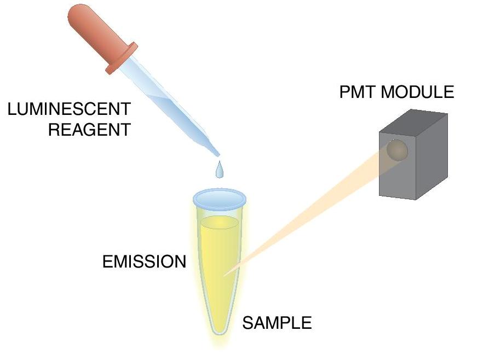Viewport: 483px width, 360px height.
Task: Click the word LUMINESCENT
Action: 69,109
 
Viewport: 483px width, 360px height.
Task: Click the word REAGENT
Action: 90,130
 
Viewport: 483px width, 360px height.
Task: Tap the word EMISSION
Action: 144,262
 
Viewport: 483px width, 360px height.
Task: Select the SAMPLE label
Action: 277,323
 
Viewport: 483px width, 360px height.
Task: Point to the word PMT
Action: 358,92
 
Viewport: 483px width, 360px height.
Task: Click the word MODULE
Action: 417,92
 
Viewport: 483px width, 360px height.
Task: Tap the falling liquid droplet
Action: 220,170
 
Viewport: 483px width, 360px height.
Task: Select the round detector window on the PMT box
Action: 398,150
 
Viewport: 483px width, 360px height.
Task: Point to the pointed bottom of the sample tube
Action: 220,332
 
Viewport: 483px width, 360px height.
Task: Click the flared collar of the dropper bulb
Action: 122,59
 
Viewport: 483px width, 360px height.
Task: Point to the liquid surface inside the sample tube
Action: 220,222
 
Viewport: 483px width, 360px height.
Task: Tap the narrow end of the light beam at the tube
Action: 226,275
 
